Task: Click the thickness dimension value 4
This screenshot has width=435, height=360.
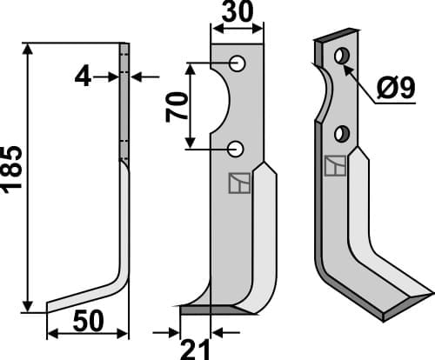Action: [83, 77]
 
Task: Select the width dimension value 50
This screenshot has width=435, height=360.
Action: [88, 321]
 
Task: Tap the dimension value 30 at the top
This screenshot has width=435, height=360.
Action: [238, 11]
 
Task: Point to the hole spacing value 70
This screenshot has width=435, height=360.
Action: [176, 107]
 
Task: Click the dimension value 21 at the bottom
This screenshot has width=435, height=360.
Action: [195, 350]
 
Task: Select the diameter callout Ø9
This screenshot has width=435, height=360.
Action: [396, 88]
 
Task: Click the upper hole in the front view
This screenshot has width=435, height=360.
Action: [238, 63]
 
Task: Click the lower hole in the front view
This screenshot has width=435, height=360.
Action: [236, 149]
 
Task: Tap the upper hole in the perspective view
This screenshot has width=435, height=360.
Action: [342, 56]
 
